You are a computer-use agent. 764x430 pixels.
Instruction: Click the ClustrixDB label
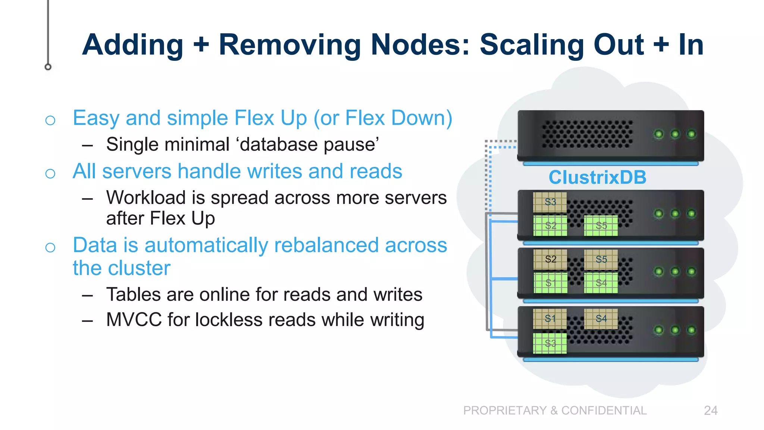(597, 177)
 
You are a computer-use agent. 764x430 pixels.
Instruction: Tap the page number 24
(710, 411)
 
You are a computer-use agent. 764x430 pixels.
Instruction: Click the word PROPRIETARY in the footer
(505, 411)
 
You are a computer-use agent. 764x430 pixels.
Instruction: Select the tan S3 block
(550, 202)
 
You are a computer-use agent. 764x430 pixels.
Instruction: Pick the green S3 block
(550, 343)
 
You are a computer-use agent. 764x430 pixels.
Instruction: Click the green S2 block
(550, 225)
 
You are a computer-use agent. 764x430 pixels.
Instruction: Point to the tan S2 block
(550, 259)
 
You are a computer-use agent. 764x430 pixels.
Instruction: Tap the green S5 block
(601, 225)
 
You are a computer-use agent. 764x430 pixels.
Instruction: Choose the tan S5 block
(601, 259)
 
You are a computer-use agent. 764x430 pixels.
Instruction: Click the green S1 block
(550, 283)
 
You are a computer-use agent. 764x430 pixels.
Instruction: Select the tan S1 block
(550, 318)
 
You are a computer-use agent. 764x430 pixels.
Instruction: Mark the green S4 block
(601, 283)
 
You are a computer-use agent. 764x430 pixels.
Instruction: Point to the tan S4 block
(601, 318)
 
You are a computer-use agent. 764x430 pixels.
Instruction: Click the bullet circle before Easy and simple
(50, 120)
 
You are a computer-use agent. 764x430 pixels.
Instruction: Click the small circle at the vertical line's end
(48, 67)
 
